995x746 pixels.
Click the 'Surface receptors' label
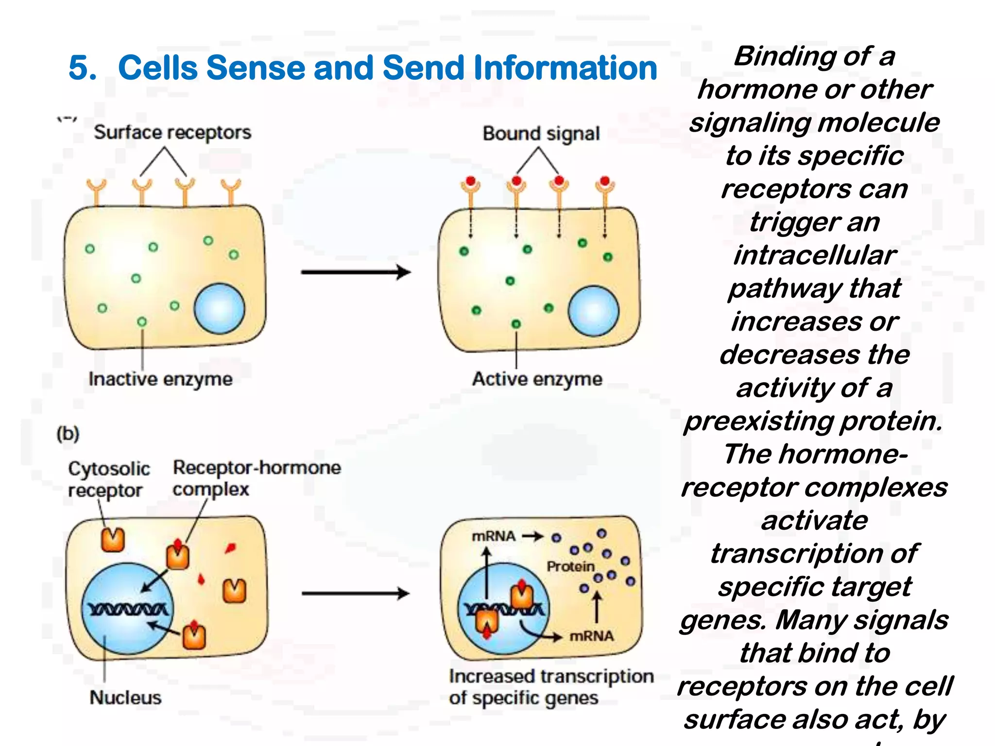[x=172, y=132]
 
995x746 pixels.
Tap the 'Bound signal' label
[x=541, y=134]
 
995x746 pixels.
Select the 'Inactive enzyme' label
[x=160, y=379]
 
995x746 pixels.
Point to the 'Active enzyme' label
[x=537, y=379]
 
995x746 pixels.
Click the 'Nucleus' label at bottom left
[x=125, y=697]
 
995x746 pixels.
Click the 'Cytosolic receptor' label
[x=108, y=479]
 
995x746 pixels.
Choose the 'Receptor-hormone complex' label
[x=256, y=478]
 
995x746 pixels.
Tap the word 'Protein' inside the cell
[x=570, y=566]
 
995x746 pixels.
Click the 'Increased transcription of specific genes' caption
[x=550, y=687]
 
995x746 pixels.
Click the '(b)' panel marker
[x=68, y=433]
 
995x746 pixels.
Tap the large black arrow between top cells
[x=356, y=272]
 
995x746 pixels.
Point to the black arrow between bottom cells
[x=356, y=593]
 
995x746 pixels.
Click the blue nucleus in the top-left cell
[x=219, y=309]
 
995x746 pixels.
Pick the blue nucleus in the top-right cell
[x=593, y=311]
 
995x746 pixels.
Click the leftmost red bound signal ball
[x=470, y=181]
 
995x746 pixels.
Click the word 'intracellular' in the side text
[x=814, y=255]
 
